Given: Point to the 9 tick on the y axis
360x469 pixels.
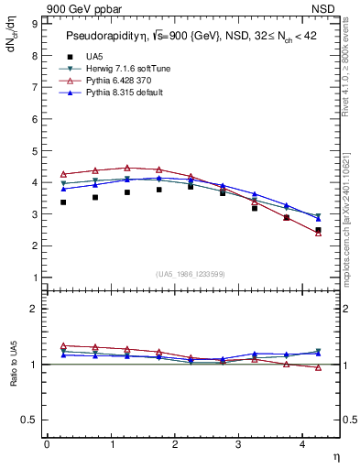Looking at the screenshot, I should click(x=35, y=23).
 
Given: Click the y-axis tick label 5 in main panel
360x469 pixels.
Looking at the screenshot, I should click(x=35, y=150).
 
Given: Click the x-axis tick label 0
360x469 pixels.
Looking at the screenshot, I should click(x=47, y=444).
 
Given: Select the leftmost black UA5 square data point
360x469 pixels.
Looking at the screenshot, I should click(x=63, y=202).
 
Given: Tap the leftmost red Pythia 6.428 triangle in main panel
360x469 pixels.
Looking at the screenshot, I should click(x=63, y=174).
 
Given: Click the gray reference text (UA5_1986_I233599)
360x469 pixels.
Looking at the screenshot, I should click(x=191, y=274).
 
